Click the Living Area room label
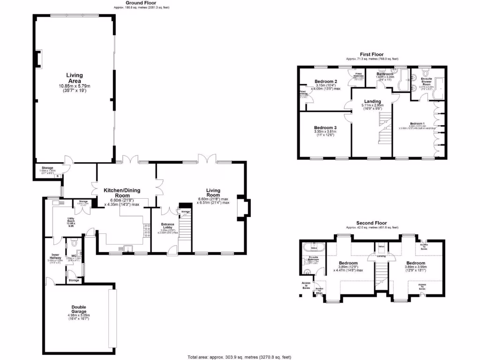click(x=74, y=78)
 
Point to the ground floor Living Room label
click(x=213, y=190)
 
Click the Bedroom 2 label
click(x=326, y=82)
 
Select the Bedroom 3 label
click(x=325, y=128)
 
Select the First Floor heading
click(x=372, y=54)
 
